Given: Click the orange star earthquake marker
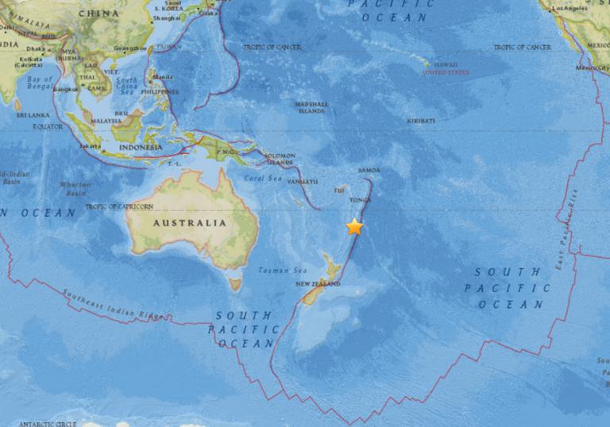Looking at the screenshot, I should pos(354,227).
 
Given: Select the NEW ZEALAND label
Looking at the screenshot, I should pos(318,283).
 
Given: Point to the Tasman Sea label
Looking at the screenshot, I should pos(277,271).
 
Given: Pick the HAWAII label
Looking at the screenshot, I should pos(446,65).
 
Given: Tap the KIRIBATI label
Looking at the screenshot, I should pos(421,121).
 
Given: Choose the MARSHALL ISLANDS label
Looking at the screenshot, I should pos(312,107).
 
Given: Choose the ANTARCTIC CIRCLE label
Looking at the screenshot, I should pos(47,423).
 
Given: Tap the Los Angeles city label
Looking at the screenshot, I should pos(572,8).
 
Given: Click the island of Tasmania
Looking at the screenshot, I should pos(235,282).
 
